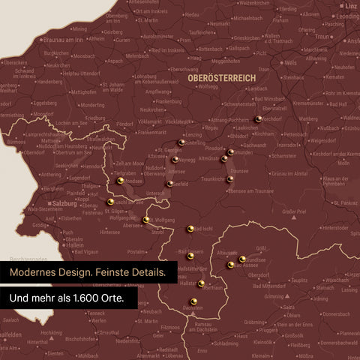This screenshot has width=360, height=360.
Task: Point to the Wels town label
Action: pyautogui.click(x=290, y=64)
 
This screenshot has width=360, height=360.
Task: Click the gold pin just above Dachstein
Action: pyautogui.click(x=194, y=301)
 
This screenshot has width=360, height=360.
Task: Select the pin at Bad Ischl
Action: pyautogui.click(x=190, y=229)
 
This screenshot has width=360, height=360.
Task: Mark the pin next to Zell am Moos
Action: pyautogui.click(x=119, y=181)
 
